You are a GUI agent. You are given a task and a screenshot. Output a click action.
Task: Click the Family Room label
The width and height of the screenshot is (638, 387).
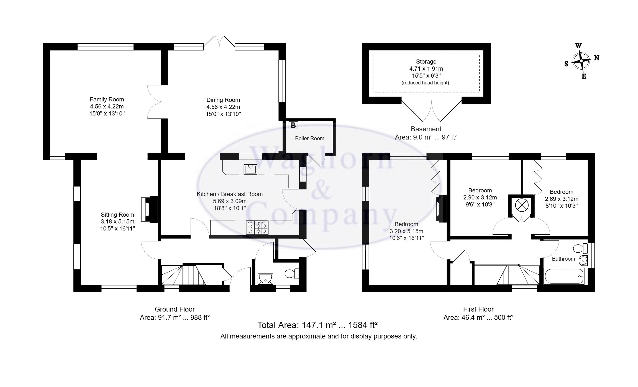coord(107,99)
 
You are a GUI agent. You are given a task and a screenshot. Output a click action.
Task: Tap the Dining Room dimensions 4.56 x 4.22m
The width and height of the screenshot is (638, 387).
coord(223,107)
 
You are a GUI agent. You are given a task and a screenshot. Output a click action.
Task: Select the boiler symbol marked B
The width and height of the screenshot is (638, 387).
coord(293,125)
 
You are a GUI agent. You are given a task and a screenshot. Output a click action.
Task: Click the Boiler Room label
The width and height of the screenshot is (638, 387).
coord(309,138)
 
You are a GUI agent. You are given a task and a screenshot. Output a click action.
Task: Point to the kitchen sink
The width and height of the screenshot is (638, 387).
coord(250,169)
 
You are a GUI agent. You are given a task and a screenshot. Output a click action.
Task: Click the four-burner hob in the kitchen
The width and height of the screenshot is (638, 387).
coord(261,228)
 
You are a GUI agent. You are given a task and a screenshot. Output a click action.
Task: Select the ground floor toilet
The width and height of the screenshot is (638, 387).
coord(292,273)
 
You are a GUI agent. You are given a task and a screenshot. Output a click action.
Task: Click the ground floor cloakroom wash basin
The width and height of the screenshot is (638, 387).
coord(265,279)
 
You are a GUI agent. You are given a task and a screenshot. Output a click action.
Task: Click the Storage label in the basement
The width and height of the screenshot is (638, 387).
coord(426,62)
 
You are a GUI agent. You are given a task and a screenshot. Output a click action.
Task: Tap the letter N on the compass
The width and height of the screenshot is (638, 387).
coord(596,58)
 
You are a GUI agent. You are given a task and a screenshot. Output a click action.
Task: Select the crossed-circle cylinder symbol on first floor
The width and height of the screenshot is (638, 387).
coord(521,206)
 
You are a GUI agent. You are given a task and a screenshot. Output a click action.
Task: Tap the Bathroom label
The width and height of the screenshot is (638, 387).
coord(563,259)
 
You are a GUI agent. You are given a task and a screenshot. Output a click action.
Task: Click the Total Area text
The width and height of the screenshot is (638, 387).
coord(317,325)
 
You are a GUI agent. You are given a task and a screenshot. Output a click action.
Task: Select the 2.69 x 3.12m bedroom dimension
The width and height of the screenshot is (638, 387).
coord(561,199)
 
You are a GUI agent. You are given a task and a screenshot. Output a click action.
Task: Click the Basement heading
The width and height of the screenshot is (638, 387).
coord(426,129)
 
